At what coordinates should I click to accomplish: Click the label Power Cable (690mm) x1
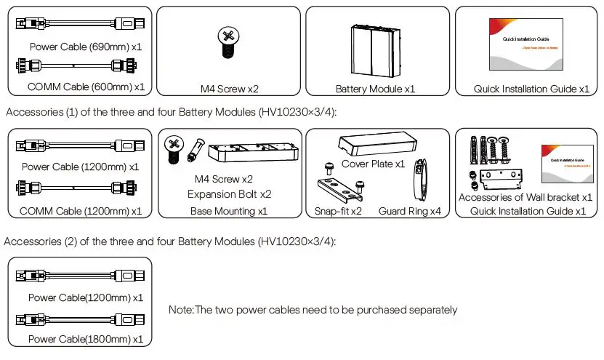pyautogui.click(x=86, y=47)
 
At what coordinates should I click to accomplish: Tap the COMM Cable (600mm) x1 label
pyautogui.click(x=86, y=87)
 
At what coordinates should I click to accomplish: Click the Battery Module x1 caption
pyautogui.click(x=375, y=89)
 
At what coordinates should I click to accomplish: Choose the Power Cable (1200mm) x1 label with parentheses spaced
pyautogui.click(x=80, y=167)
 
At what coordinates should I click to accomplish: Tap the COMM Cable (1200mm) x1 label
pyautogui.click(x=80, y=211)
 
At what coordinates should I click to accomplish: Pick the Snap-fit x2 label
pyautogui.click(x=339, y=212)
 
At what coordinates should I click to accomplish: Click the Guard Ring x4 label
pyautogui.click(x=410, y=212)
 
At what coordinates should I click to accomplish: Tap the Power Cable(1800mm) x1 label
pyautogui.click(x=85, y=339)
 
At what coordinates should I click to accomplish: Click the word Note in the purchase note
pyautogui.click(x=180, y=311)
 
